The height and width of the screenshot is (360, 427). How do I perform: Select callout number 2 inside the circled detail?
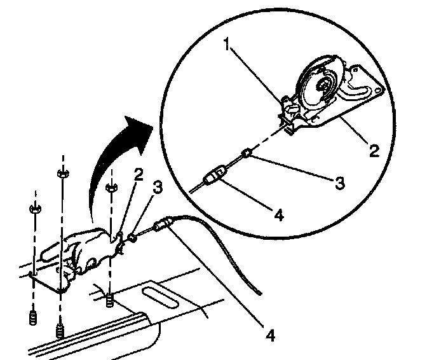click(374, 151)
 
